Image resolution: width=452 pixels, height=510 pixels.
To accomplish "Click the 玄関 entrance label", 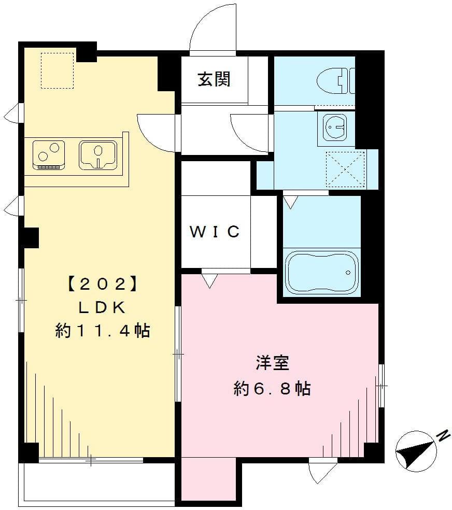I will coord(214,80).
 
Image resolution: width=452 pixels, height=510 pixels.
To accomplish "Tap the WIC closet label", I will coord(215,232).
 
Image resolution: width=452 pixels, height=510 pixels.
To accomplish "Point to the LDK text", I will coord(102,307).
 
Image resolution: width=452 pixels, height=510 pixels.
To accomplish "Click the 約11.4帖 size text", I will coord(103,330).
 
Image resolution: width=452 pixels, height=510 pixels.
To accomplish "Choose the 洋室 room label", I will coord(272,363).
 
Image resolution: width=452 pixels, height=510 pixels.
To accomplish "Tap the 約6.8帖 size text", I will coord(272,388).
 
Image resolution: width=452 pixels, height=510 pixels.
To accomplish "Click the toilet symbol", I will coord(335,80).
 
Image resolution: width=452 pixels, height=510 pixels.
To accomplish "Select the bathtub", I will coord(321,272).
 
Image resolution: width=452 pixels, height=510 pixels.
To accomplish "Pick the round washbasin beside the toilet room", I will coord(336,127).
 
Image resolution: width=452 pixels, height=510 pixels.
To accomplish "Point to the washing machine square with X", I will coord(345,169).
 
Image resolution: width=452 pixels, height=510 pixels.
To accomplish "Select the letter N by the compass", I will coord(444,435).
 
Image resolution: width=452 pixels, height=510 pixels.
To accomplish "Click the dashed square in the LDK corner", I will coord(58,70).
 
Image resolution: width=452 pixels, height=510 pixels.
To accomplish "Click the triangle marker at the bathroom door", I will coord(290,202).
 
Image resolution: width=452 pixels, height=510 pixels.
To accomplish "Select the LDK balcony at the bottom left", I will coord(98,481).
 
